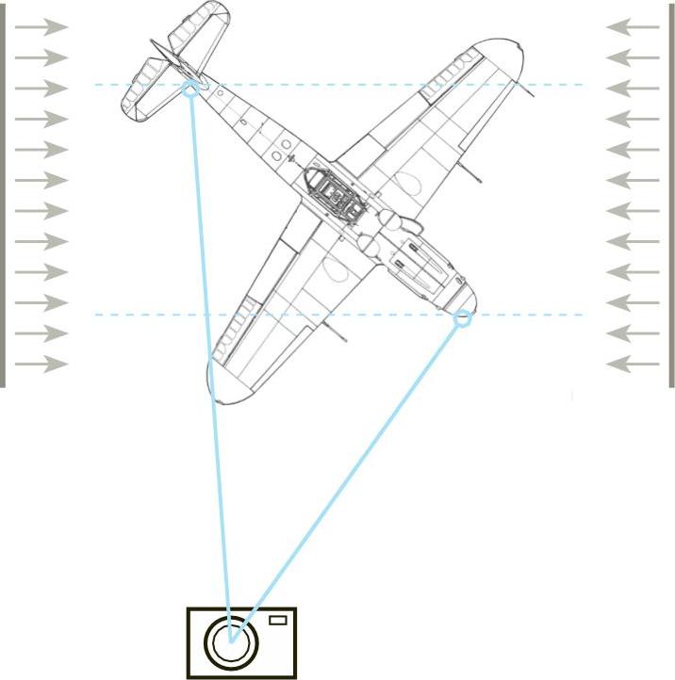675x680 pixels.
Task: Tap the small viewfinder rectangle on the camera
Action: click(x=277, y=620)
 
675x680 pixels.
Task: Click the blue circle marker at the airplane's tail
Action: click(x=190, y=89)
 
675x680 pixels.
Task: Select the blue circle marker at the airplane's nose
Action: click(x=462, y=318)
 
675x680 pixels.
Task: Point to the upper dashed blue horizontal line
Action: click(x=377, y=85)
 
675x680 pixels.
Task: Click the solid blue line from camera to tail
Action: click(x=209, y=358)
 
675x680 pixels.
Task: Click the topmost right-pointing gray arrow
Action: click(x=41, y=27)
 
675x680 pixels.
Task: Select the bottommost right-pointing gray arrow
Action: click(x=41, y=364)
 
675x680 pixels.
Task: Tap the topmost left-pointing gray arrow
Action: click(x=633, y=27)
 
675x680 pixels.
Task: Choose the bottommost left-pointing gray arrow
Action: click(x=633, y=364)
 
